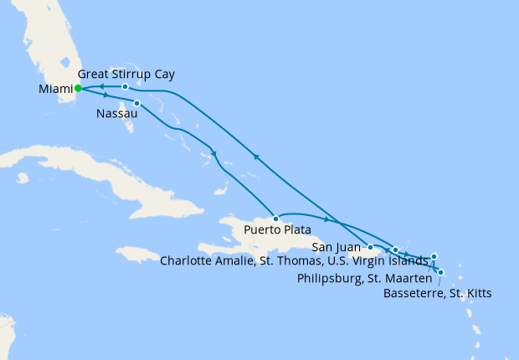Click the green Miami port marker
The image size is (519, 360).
tap(78, 88)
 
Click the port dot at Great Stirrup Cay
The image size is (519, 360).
tap(125, 86)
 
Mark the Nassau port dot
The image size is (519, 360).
tap(136, 104)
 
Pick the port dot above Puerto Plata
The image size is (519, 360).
tap(275, 219)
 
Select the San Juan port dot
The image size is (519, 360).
tap(370, 247)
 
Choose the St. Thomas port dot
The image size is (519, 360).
tap(395, 249)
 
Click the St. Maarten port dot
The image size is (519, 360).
tap(434, 256)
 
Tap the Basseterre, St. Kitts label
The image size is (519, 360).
tap(437, 293)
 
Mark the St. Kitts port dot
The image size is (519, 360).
tap(440, 272)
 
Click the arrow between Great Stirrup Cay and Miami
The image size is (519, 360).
tap(100, 86)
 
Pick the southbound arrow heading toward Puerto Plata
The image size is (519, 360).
tap(215, 154)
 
